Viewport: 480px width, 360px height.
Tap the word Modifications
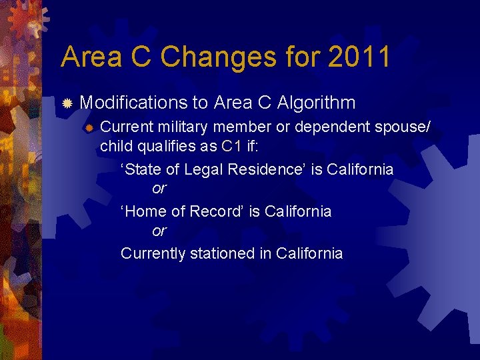pos(133,103)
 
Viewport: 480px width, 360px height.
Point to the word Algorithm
pos(316,103)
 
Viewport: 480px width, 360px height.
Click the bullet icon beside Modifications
pos(67,103)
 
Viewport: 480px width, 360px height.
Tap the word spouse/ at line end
pos(402,127)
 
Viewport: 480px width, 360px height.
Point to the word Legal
pos(204,169)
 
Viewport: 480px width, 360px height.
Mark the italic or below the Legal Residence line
pos(159,189)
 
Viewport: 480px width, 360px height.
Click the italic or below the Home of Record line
pos(159,231)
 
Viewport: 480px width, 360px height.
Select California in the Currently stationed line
pos(309,254)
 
